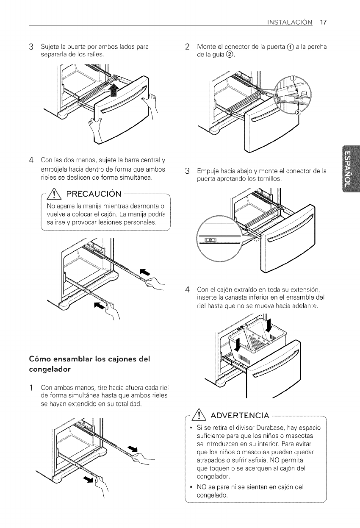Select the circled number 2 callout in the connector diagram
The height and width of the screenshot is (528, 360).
point(296,112)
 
